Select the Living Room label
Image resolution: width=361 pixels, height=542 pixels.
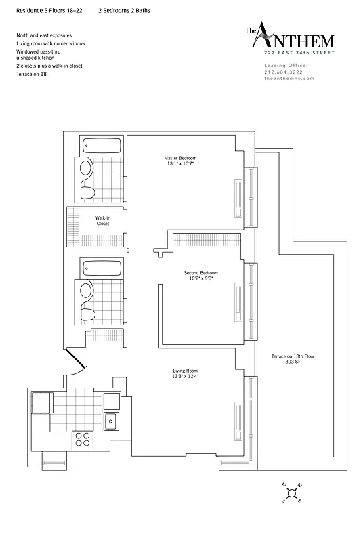click(x=185, y=371)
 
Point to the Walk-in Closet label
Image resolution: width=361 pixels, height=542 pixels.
click(x=103, y=220)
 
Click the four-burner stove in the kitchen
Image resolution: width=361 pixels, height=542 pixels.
click(x=83, y=438)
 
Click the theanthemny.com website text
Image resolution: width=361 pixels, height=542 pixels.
click(x=289, y=79)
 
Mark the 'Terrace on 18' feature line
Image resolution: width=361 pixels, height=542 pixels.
click(x=32, y=73)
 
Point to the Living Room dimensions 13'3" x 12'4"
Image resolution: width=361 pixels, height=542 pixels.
click(x=185, y=377)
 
